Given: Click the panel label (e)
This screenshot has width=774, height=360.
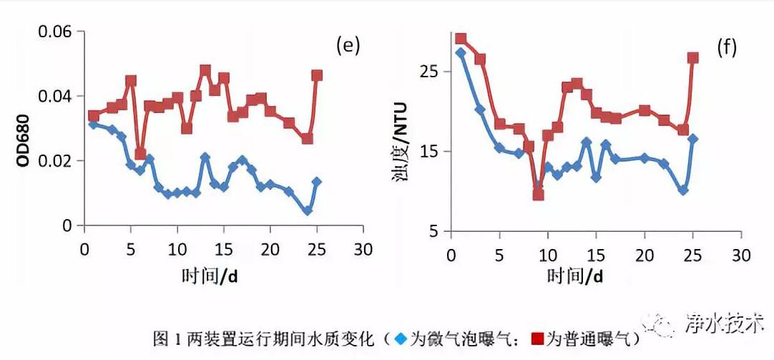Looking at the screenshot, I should click(348, 47).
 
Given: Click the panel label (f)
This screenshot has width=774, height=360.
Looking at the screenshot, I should click(727, 48).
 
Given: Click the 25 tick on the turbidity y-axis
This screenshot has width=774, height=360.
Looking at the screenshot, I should click(432, 72).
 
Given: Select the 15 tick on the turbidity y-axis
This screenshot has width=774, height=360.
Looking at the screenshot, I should click(432, 152).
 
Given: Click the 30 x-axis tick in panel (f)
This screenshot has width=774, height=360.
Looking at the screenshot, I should click(741, 255).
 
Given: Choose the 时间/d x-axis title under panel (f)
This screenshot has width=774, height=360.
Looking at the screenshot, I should click(574, 276).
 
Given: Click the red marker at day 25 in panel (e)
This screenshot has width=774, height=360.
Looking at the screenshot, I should click(317, 75).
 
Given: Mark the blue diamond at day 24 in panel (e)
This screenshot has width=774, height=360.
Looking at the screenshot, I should click(308, 211).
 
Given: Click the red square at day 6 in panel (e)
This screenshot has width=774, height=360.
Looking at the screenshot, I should click(140, 154).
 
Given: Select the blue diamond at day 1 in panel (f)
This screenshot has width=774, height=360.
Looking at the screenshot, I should click(461, 53).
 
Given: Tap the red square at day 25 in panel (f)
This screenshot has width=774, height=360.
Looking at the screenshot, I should click(692, 58).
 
